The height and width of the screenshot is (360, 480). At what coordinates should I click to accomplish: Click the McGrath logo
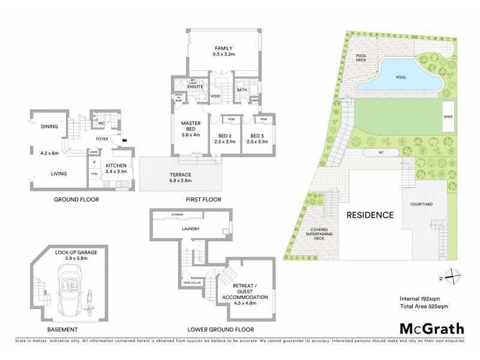pyautogui.click(x=431, y=328)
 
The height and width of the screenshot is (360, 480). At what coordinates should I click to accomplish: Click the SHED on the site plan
pyautogui.click(x=448, y=117)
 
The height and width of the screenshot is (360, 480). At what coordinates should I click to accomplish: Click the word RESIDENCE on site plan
pyautogui.click(x=369, y=215)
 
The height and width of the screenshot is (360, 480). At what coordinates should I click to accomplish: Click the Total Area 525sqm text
pyautogui.click(x=424, y=307)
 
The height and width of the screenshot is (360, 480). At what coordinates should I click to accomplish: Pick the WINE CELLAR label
pyautogui.click(x=191, y=282)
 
